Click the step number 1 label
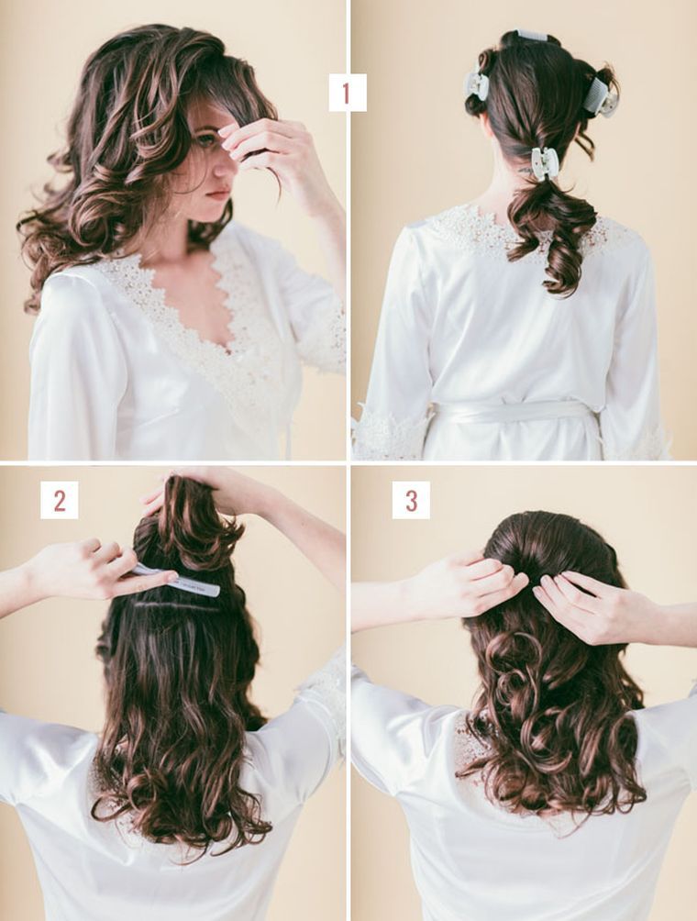point(347,93)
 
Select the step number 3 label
point(411,500)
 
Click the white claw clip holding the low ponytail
point(545,163)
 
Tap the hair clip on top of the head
point(531,35)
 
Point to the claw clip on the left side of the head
point(476,85)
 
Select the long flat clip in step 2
point(176,580)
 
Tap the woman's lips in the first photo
point(218,193)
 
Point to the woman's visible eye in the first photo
point(205,140)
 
